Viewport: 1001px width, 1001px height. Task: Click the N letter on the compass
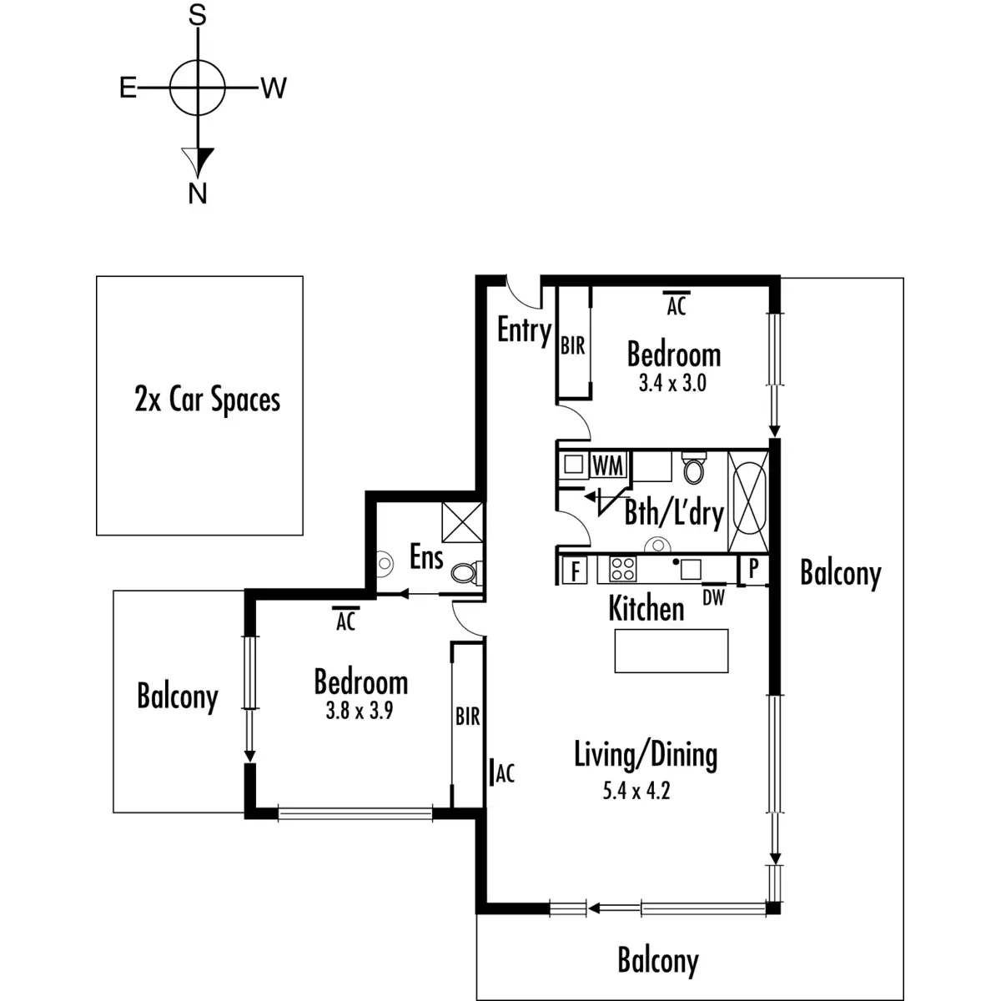tap(197, 193)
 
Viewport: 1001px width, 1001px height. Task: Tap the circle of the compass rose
tap(197, 87)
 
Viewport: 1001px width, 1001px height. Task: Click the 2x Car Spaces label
tap(207, 400)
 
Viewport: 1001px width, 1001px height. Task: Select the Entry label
tap(524, 330)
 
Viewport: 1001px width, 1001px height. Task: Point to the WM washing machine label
tap(607, 465)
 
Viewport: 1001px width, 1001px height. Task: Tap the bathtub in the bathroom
tap(748, 500)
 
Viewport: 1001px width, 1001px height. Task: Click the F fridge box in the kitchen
tap(575, 571)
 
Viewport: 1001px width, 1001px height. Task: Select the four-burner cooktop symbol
tap(622, 569)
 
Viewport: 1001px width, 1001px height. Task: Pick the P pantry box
tap(753, 570)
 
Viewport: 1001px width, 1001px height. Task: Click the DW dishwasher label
tap(714, 597)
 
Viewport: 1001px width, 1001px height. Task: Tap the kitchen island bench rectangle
tap(672, 651)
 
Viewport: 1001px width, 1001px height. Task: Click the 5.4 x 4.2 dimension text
tap(636, 790)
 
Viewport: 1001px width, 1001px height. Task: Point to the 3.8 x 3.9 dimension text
tap(359, 711)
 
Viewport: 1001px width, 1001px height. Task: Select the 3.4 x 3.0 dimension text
tap(672, 383)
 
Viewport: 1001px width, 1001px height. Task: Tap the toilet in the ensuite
tap(464, 572)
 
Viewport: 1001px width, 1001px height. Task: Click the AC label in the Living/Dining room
tap(505, 773)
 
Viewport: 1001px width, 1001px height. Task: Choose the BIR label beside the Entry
tap(572, 345)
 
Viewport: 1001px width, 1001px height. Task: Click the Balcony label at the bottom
tap(657, 960)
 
